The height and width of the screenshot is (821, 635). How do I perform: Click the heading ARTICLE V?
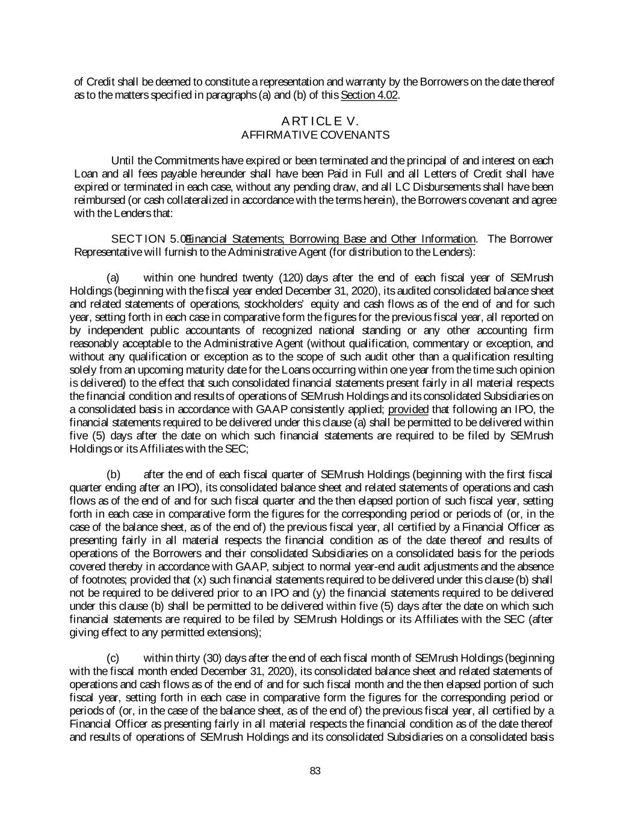tap(315, 121)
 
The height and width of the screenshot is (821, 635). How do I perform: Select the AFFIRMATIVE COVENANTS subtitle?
tap(315, 135)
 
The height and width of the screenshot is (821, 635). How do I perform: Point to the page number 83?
tap(315, 772)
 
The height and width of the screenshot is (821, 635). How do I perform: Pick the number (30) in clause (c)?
tap(218, 658)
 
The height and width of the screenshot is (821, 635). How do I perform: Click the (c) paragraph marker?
tap(113, 658)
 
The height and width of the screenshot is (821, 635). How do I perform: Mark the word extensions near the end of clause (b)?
tap(231, 632)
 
